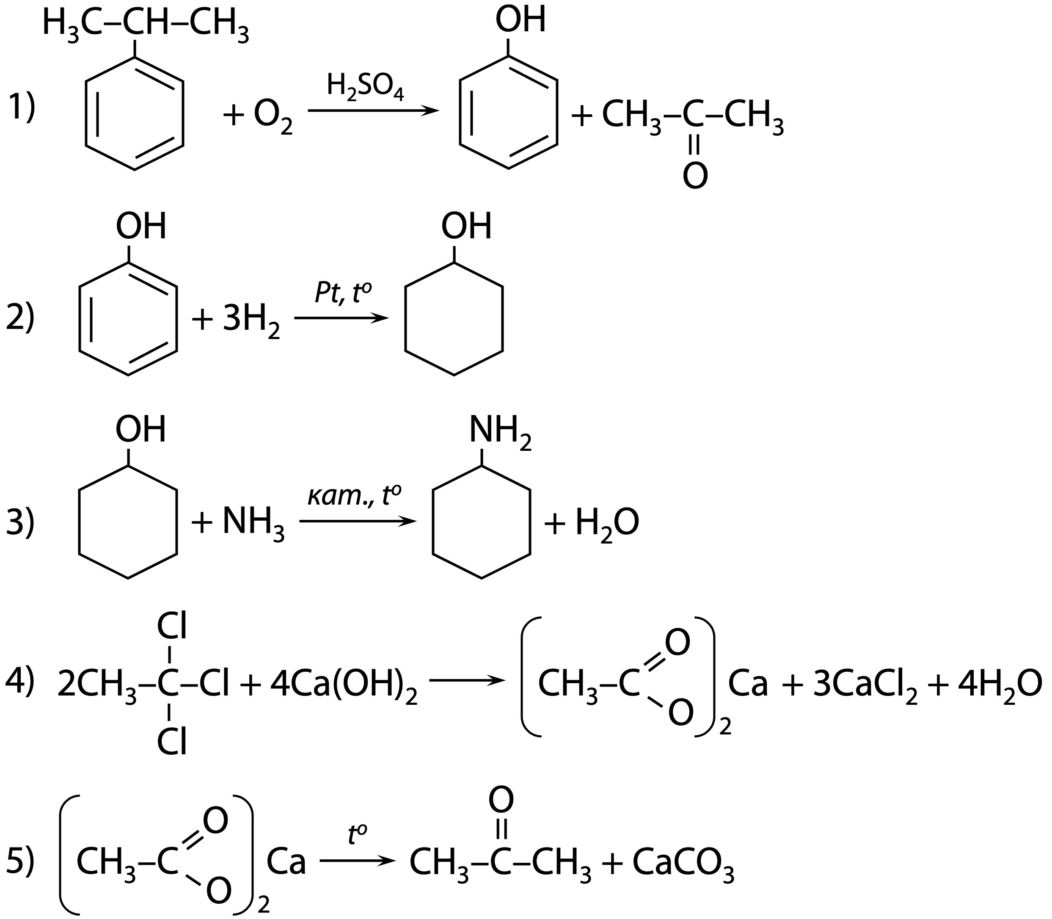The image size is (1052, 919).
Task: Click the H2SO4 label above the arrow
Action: [x=365, y=87]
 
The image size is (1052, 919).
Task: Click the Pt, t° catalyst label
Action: [x=342, y=294]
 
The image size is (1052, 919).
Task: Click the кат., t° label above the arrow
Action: [x=354, y=497]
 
